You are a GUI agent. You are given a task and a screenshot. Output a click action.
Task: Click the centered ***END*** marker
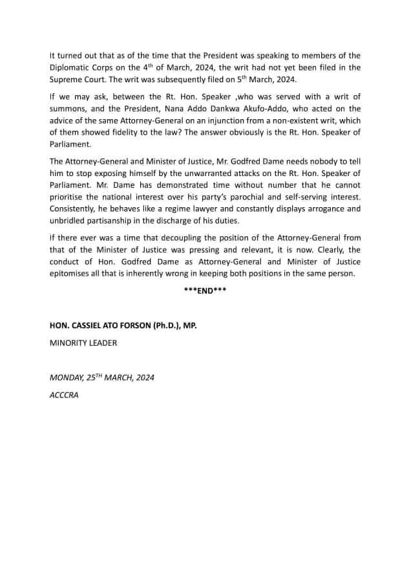205,291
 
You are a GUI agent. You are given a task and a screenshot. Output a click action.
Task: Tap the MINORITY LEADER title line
83,342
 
